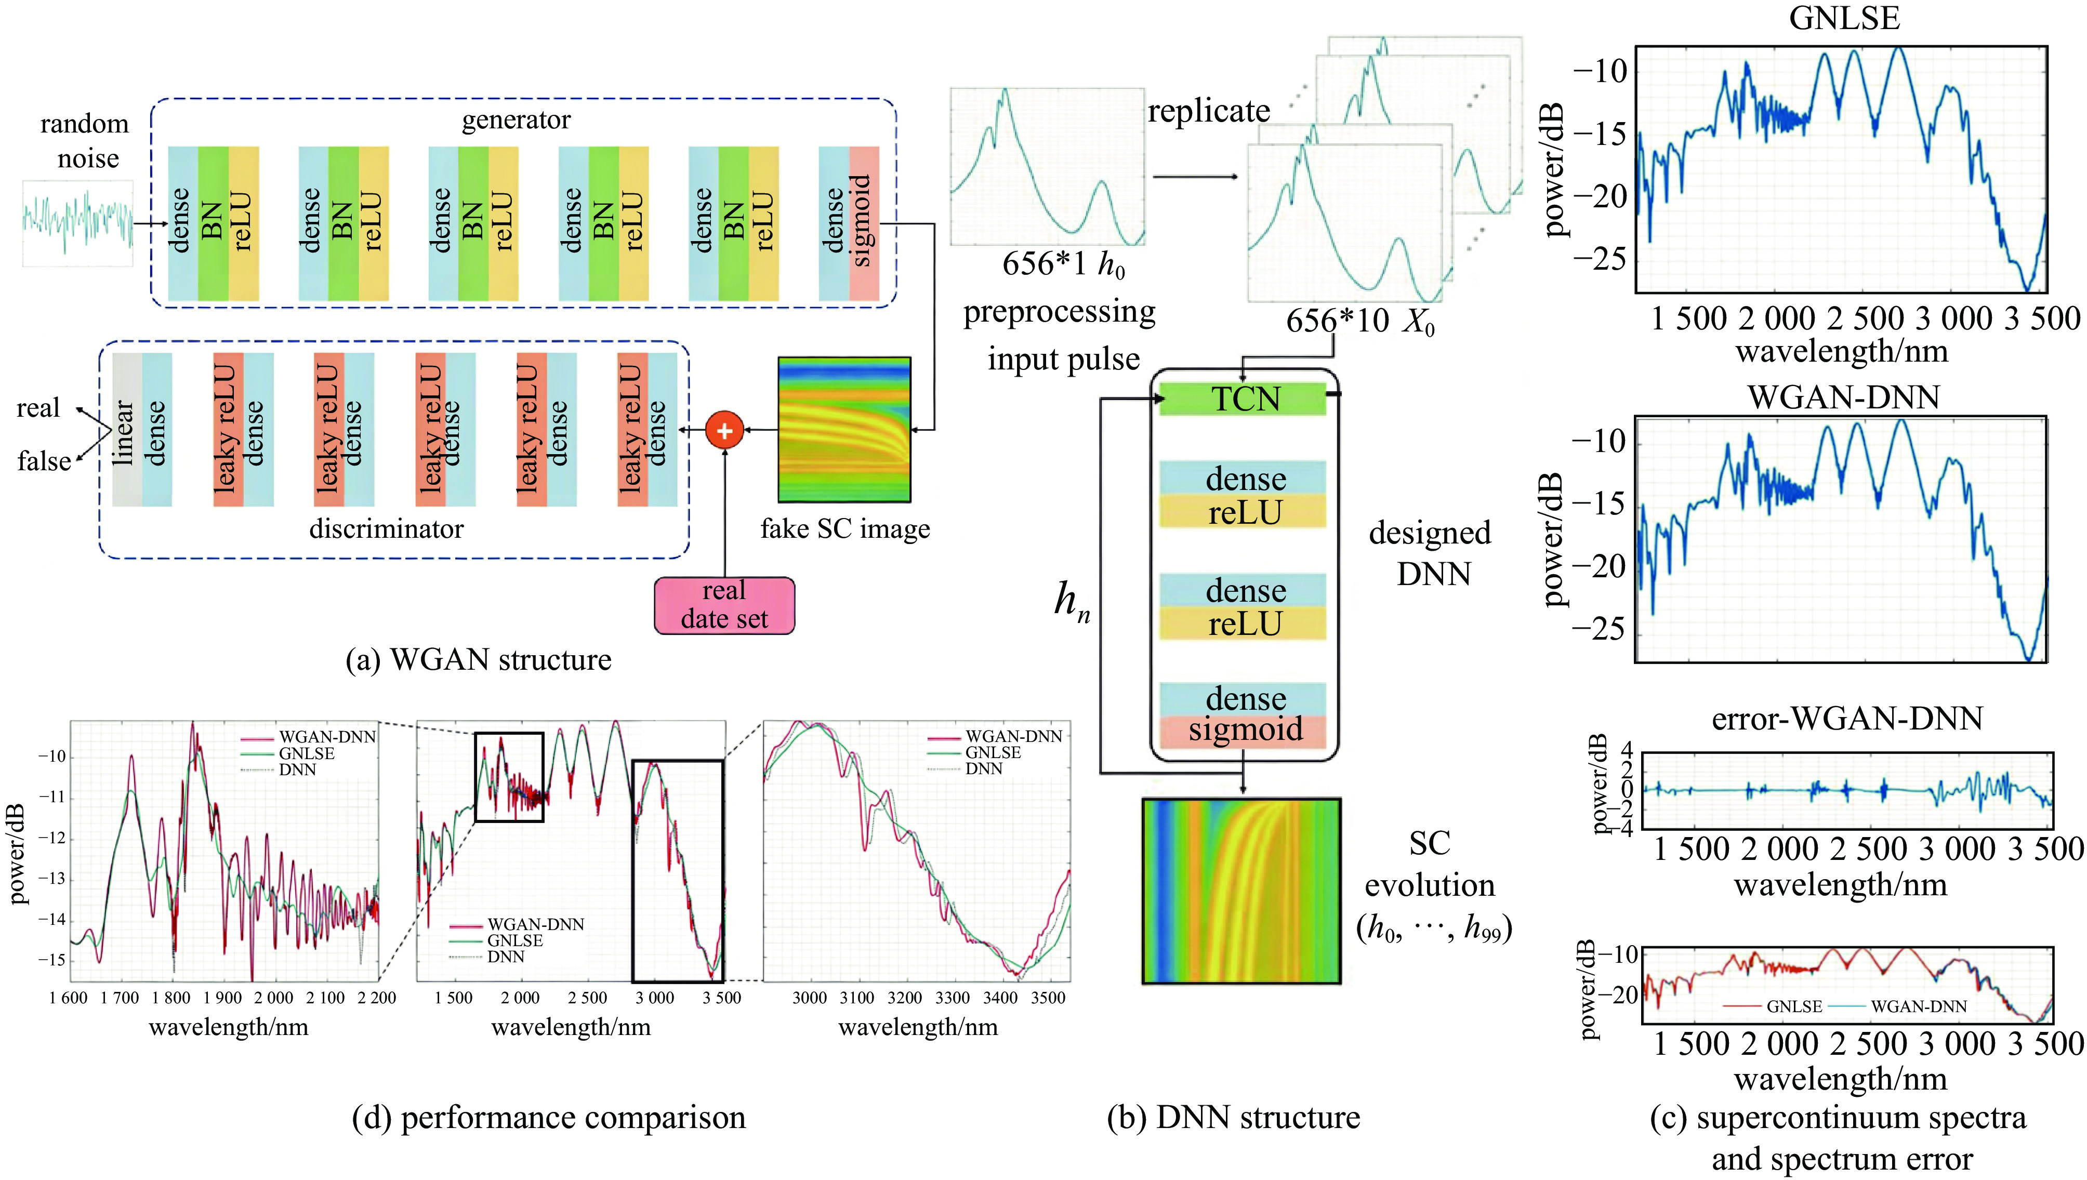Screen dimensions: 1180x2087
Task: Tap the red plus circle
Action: tap(724, 430)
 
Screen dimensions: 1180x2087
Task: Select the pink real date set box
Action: tap(724, 605)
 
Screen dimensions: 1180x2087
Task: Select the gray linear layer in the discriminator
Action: tap(126, 430)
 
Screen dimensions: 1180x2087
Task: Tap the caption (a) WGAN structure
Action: tap(478, 660)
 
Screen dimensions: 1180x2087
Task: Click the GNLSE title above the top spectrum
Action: tap(1844, 18)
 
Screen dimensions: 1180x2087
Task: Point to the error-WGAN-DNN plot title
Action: tap(1846, 718)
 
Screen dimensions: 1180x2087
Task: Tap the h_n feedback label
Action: tap(1072, 601)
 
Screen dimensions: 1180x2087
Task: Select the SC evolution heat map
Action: tap(1241, 891)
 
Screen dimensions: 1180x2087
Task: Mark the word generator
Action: tap(516, 120)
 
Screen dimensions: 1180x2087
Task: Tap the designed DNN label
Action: tap(1431, 553)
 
